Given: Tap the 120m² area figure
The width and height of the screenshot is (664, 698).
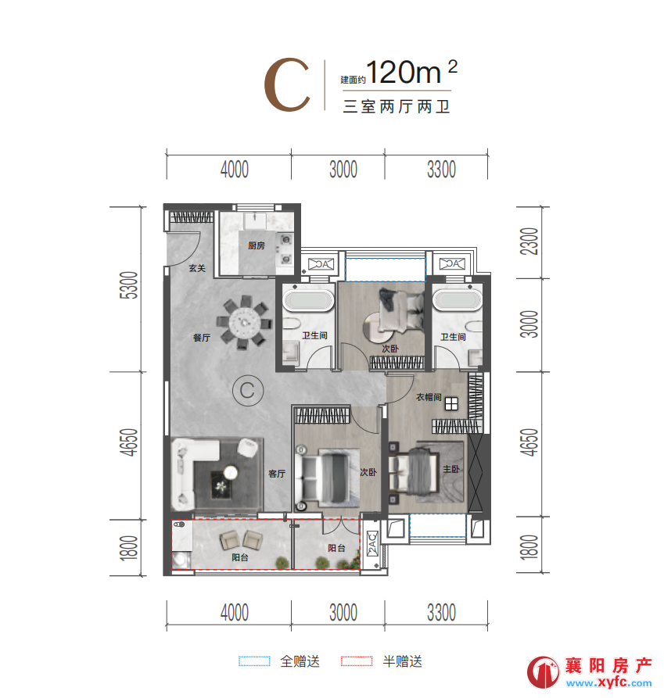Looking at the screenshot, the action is (411, 72).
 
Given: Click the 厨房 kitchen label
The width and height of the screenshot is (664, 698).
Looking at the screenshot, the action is (256, 245).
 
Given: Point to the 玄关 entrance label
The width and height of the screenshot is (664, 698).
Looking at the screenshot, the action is (197, 268).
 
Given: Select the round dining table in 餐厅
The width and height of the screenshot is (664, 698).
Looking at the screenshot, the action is (244, 322).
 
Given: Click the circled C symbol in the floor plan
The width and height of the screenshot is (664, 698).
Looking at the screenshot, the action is (248, 390).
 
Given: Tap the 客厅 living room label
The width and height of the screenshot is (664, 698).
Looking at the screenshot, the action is (277, 474).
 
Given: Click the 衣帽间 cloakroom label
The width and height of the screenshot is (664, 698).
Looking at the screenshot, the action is (429, 396).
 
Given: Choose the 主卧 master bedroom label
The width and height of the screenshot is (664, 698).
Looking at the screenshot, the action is (450, 469).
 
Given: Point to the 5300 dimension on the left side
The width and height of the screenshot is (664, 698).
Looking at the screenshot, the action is (129, 285).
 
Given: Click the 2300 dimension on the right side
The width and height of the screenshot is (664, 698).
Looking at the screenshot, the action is (529, 242).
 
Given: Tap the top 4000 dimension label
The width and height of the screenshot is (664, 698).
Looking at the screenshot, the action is (235, 170).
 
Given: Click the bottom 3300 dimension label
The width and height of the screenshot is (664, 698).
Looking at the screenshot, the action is (441, 613).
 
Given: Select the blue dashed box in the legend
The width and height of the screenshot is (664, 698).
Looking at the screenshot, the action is (254, 661).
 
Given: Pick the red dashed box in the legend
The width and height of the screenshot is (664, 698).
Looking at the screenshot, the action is (357, 661).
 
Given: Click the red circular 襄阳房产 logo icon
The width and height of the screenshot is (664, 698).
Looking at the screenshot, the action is (543, 671).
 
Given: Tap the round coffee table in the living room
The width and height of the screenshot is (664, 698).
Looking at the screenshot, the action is (231, 472).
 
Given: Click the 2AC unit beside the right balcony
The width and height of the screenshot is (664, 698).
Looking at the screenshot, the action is (372, 543).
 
